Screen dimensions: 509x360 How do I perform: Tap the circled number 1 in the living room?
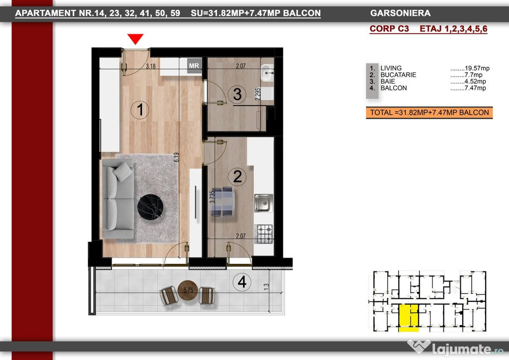coord(140,110)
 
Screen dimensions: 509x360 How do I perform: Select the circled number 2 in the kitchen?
coord(237,177)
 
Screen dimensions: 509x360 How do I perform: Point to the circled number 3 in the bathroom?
coord(237,94)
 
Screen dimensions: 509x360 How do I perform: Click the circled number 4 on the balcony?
coord(242,282)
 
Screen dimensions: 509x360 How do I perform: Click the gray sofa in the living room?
coord(118,199)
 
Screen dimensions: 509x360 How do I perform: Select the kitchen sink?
coord(263,203)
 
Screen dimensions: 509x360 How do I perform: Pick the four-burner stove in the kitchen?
coord(263,234)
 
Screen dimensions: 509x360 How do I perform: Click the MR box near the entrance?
coord(194,66)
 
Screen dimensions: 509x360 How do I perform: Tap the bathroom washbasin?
coord(267,73)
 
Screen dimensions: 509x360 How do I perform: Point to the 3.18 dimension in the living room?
coord(151,66)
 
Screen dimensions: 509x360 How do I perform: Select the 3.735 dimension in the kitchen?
coord(212,197)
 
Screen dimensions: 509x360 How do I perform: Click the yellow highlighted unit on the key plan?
coord(409,318)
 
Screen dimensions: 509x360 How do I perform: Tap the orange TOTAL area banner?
coord(429,113)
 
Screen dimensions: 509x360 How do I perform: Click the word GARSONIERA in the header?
coord(400,13)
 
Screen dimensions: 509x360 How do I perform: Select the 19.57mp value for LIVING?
coord(477,68)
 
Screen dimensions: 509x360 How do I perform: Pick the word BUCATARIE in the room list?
coord(398,75)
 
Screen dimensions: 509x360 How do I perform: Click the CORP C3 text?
coord(389,28)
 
